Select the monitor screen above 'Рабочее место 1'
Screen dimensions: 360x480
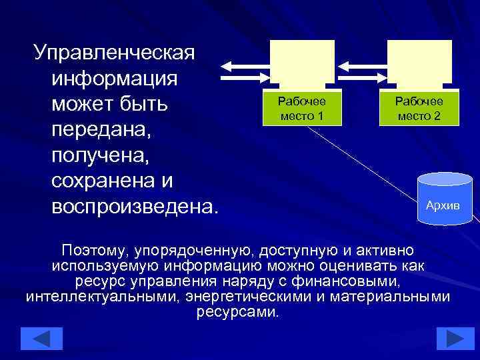tap(302, 61)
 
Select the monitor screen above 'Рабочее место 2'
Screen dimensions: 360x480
tap(419, 61)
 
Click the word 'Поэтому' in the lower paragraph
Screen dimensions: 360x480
tap(94, 251)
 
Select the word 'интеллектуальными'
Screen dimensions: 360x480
tap(100, 297)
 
